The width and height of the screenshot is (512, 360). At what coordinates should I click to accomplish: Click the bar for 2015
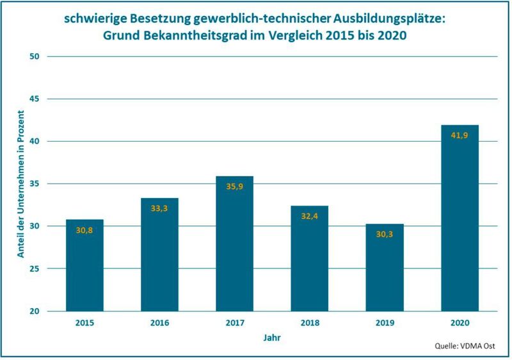coord(84,265)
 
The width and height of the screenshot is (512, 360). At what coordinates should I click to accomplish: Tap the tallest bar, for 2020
coord(460,218)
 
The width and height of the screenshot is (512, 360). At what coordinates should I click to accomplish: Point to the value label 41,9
coord(460,136)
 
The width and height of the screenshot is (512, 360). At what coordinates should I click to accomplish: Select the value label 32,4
coord(309,217)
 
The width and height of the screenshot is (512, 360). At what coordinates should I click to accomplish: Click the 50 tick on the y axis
coord(35,57)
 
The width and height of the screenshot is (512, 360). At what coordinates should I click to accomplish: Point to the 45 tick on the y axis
coord(35,99)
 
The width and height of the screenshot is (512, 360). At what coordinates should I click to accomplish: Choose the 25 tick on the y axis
coord(35,269)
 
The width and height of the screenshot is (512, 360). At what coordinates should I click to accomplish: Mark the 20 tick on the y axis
coord(35,311)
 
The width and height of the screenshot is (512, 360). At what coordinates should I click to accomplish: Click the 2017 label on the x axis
coord(234,323)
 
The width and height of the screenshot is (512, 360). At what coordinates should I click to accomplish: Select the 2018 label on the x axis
coord(309,323)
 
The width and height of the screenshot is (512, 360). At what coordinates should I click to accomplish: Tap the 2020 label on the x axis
coord(460,323)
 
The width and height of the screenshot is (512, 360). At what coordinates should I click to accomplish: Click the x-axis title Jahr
coord(271,336)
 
